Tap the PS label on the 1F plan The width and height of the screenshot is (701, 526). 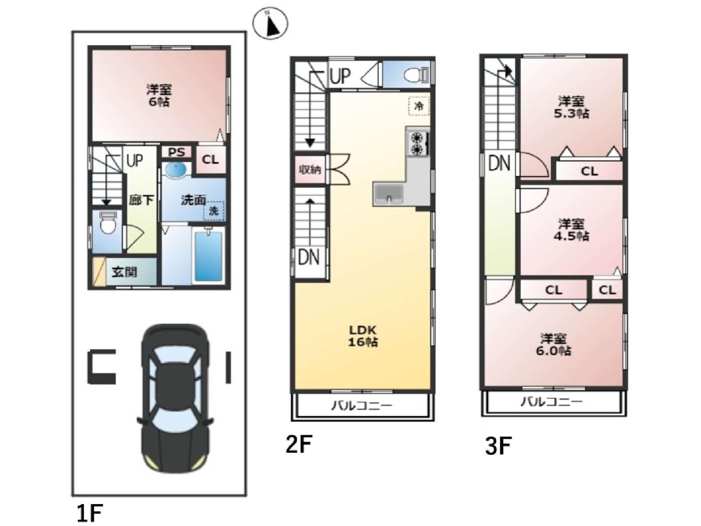177,152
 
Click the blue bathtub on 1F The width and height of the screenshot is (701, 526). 209,256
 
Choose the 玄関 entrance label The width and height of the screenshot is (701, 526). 125,272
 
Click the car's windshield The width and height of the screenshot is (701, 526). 175,426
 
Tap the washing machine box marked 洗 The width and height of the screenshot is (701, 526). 214,211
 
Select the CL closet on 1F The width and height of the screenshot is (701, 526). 210,159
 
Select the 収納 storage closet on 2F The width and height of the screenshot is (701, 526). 310,169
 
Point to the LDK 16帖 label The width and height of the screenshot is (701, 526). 363,336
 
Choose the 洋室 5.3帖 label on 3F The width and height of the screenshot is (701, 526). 571,107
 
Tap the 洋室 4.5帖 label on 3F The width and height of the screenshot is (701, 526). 571,230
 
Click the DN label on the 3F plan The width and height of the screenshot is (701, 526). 499,163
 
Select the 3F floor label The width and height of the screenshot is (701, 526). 498,446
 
